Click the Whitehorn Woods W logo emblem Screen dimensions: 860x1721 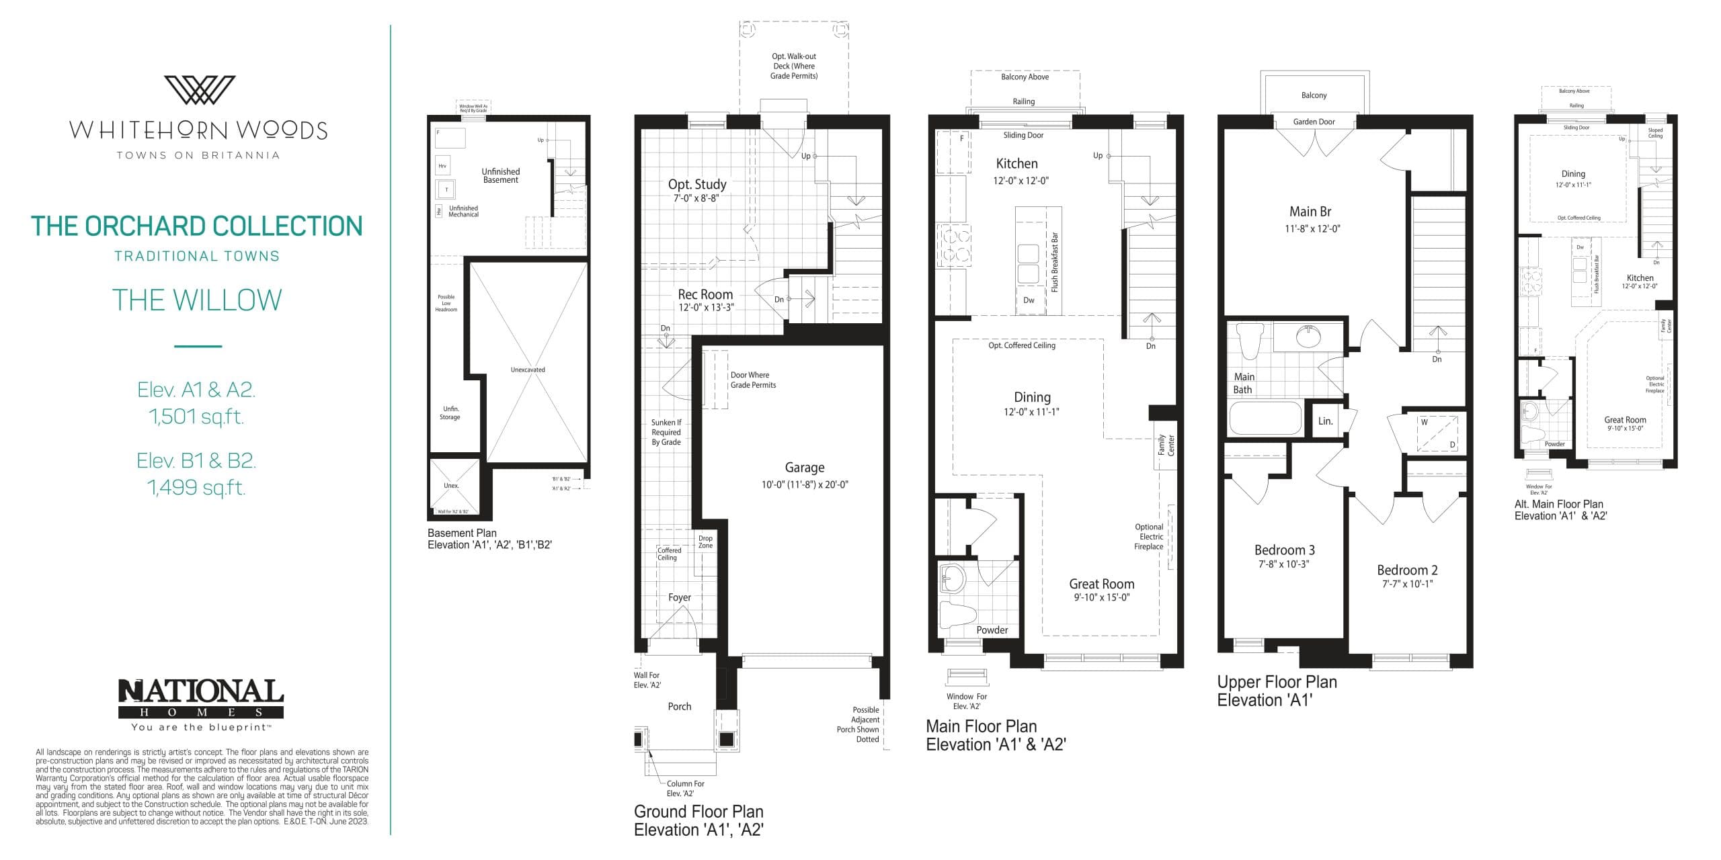(200, 90)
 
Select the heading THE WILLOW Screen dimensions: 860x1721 (197, 300)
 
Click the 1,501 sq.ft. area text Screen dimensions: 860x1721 (196, 417)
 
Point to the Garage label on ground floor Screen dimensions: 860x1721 (804, 467)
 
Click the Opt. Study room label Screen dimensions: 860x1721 (696, 184)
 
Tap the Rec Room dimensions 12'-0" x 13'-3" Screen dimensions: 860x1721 (706, 307)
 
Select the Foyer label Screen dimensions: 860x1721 (679, 597)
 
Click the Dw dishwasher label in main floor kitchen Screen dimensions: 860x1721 (1029, 300)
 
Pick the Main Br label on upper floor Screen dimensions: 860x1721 (1310, 212)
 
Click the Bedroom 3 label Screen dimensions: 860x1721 (1284, 550)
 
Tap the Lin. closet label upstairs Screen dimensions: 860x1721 (1325, 421)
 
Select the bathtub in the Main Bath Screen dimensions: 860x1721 (1265, 418)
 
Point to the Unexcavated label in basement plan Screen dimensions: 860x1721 (528, 370)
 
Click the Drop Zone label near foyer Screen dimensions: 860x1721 (705, 542)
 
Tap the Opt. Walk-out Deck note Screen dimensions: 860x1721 (794, 66)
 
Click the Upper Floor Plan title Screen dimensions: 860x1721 (1277, 681)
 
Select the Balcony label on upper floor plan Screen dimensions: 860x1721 (1314, 95)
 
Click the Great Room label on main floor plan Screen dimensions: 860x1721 (1101, 584)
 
